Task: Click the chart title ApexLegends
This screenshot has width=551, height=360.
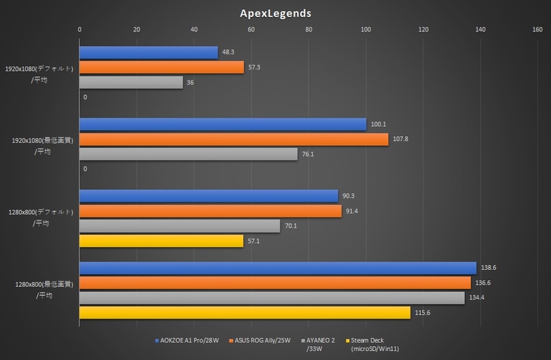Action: tap(275, 12)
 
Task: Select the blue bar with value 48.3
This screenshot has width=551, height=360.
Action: tap(149, 52)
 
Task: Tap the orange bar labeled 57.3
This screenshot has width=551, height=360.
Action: tap(162, 67)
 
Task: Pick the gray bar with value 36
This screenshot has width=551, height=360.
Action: tap(132, 83)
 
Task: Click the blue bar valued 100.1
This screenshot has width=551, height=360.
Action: tap(223, 124)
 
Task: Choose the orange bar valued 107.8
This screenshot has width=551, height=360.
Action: tap(234, 139)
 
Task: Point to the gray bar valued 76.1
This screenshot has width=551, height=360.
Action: tap(189, 154)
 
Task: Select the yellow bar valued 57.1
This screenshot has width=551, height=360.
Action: tap(162, 241)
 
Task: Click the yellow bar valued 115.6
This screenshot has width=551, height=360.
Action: tap(245, 313)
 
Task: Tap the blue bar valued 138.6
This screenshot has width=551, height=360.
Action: tap(278, 268)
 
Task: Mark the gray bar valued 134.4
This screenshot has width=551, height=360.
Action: tap(272, 297)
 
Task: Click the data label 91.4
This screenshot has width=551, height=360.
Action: tap(353, 211)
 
